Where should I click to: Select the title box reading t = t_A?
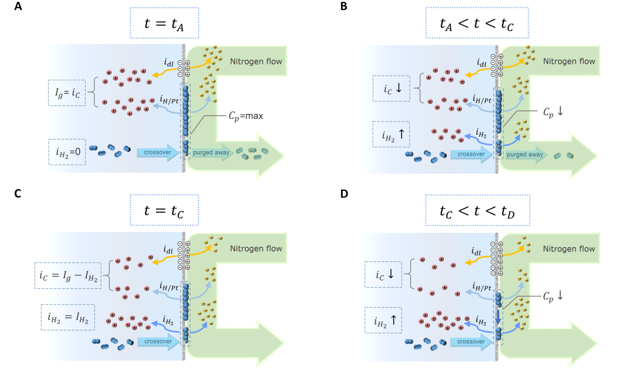point(164,23)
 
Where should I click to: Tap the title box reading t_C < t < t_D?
point(477,210)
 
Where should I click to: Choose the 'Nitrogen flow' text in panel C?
point(256,248)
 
